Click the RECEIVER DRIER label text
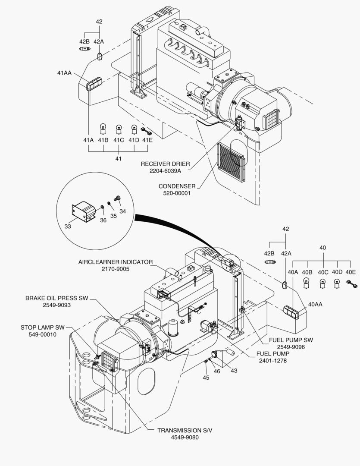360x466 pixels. [x=165, y=164]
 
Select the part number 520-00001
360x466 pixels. [x=177, y=193]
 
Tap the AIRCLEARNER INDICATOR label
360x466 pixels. [x=116, y=262]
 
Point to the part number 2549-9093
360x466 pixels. [x=57, y=305]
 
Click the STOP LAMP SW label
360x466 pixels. [x=43, y=327]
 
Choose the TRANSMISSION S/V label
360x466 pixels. [x=185, y=430]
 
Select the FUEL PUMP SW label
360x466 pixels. [x=291, y=340]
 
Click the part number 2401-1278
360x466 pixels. [x=272, y=361]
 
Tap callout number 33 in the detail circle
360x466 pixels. [x=68, y=227]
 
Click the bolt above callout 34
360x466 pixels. [x=117, y=198]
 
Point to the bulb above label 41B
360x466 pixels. [x=103, y=129]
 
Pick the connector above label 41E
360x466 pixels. [x=146, y=131]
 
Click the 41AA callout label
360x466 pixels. [x=65, y=72]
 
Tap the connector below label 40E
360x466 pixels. [x=352, y=284]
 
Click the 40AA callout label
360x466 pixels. [x=315, y=304]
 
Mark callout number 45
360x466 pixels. [x=206, y=378]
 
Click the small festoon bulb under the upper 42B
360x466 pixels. [x=85, y=49]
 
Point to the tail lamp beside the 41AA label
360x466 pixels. [x=94, y=84]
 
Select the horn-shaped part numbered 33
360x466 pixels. [x=84, y=211]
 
